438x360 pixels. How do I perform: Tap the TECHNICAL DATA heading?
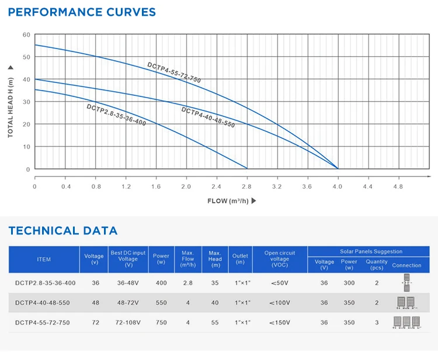63,231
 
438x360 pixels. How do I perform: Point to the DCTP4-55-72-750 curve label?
174,71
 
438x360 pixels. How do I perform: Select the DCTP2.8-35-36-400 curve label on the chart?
116,115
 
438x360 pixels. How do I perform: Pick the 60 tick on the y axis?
26,35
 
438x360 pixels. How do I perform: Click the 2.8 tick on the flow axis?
246,186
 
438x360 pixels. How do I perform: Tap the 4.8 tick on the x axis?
398,186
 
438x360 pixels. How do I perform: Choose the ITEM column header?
44,259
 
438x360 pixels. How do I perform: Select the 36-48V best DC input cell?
128,283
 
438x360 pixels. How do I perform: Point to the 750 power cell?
161,322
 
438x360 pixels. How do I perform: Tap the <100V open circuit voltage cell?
280,303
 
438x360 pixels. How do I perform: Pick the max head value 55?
215,322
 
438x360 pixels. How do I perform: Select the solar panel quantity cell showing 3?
377,322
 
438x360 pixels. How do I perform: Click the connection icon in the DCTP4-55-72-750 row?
407,323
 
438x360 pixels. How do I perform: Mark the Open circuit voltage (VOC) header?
280,259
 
